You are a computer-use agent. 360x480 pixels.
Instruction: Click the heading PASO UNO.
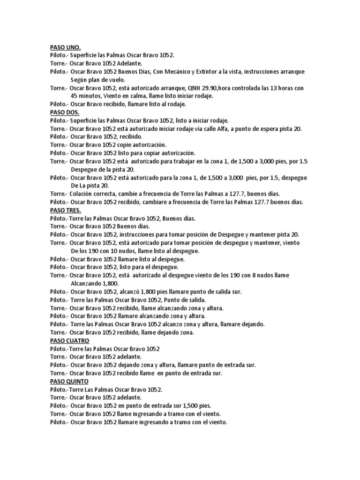66,47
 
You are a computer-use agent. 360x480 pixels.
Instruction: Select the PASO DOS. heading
65,112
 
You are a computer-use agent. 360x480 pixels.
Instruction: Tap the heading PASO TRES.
66,210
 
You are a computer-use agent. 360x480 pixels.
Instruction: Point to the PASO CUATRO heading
70,340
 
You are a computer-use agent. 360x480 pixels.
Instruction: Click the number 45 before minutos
75,96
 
